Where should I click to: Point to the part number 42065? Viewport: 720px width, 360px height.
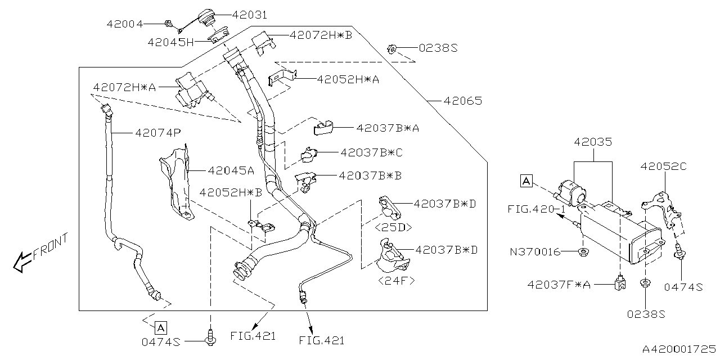(462, 101)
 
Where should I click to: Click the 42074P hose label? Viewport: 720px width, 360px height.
(157, 133)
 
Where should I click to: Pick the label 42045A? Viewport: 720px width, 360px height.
(231, 170)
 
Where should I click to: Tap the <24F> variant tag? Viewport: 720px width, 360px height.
(397, 280)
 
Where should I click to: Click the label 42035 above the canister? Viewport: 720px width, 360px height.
(593, 142)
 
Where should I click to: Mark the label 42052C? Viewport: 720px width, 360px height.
(664, 166)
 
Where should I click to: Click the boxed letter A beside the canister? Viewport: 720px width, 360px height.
(526, 181)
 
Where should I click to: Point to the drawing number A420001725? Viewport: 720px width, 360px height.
(675, 349)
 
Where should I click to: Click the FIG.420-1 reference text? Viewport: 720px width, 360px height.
(535, 208)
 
